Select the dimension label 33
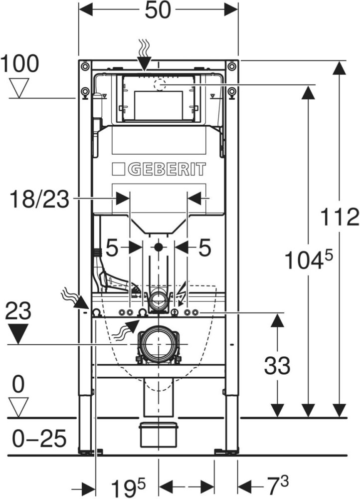[277, 365]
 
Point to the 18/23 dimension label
[39, 200]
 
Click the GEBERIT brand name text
[167, 169]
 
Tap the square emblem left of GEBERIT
[118, 169]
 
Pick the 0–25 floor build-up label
[39, 438]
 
